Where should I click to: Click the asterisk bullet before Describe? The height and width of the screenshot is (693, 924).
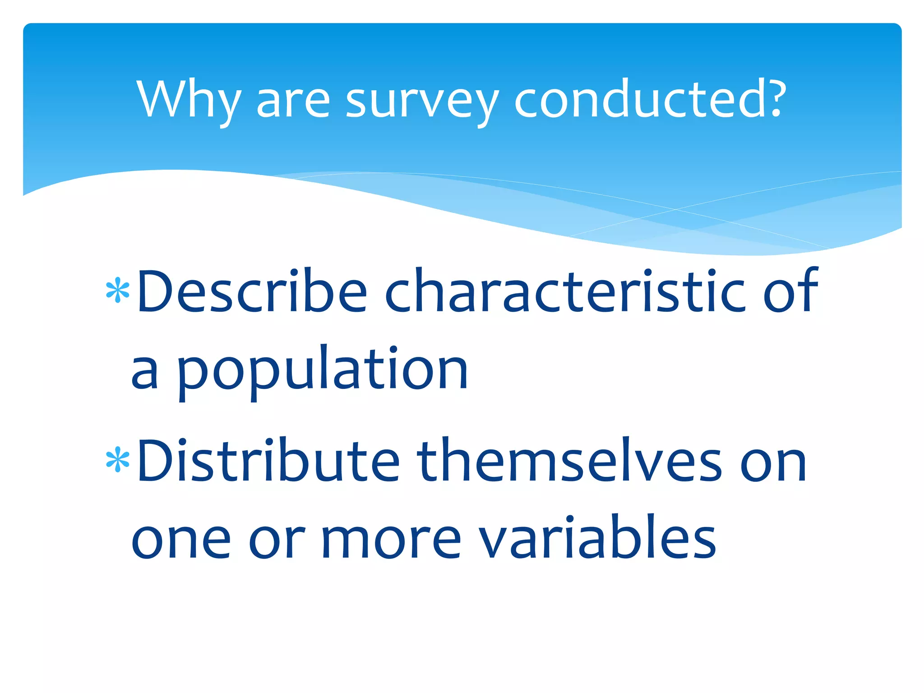click(x=118, y=291)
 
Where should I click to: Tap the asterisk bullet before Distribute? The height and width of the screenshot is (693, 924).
click(x=118, y=460)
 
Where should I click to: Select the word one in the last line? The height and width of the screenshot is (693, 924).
click(x=180, y=540)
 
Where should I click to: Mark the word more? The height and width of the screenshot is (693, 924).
click(x=391, y=540)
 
